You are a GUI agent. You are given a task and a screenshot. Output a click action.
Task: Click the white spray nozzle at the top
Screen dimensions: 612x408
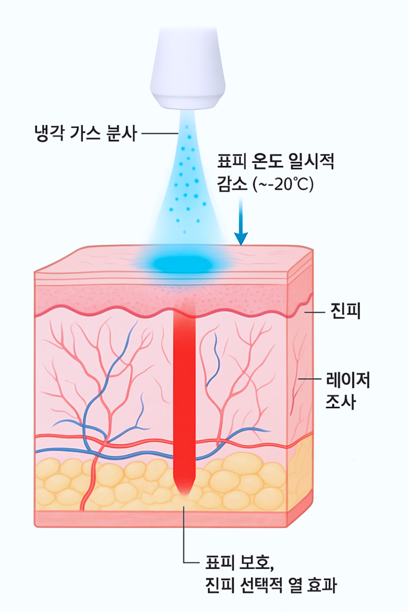(x=188, y=69)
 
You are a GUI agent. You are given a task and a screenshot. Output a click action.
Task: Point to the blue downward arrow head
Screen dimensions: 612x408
(x=241, y=239)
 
